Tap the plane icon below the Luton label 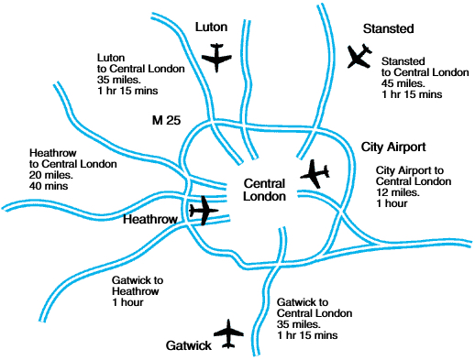[x=218, y=60]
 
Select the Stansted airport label [x=365, y=29]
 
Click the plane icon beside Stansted [x=359, y=57]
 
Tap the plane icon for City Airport [x=317, y=172]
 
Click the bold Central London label [x=265, y=190]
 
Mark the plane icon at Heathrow [x=204, y=211]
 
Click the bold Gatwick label [x=190, y=346]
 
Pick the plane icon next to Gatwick [x=228, y=333]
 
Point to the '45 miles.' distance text [x=404, y=82]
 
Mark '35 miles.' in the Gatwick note [x=301, y=324]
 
